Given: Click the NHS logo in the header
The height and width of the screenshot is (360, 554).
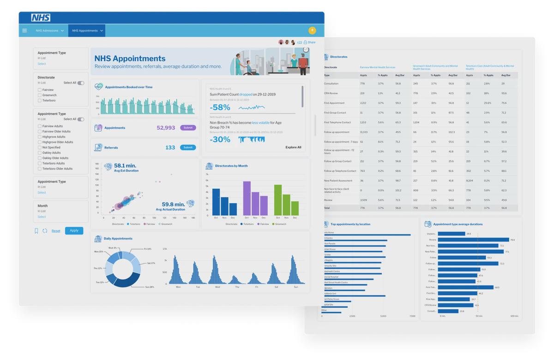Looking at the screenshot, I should tap(41, 18).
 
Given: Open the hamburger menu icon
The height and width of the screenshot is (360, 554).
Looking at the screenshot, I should tap(24, 30).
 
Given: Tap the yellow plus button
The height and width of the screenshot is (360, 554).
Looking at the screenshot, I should tap(312, 30).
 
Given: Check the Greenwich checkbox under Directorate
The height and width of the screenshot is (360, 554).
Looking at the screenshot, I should tap(40, 95).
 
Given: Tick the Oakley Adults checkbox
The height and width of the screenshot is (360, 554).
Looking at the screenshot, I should tap(40, 153).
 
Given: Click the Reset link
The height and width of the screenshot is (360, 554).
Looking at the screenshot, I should tap(56, 231).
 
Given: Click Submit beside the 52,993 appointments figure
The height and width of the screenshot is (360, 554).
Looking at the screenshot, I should tap(188, 128).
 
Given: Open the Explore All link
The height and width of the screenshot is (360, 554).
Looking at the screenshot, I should tap(293, 147).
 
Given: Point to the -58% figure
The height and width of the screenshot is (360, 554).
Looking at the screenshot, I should tap(220, 108).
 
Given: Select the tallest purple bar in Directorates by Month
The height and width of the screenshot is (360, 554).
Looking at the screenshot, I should tap(247, 198).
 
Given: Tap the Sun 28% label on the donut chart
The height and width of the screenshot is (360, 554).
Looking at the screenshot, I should tap(149, 287).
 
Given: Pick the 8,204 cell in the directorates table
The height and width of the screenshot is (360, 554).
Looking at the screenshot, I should tap(470, 180).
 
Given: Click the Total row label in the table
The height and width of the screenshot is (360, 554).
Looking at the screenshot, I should tap(327, 208).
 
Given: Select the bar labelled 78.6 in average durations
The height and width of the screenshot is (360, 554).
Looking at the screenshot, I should tap(473, 240).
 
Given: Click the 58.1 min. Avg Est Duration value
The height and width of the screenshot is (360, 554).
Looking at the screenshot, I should tap(125, 166).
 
